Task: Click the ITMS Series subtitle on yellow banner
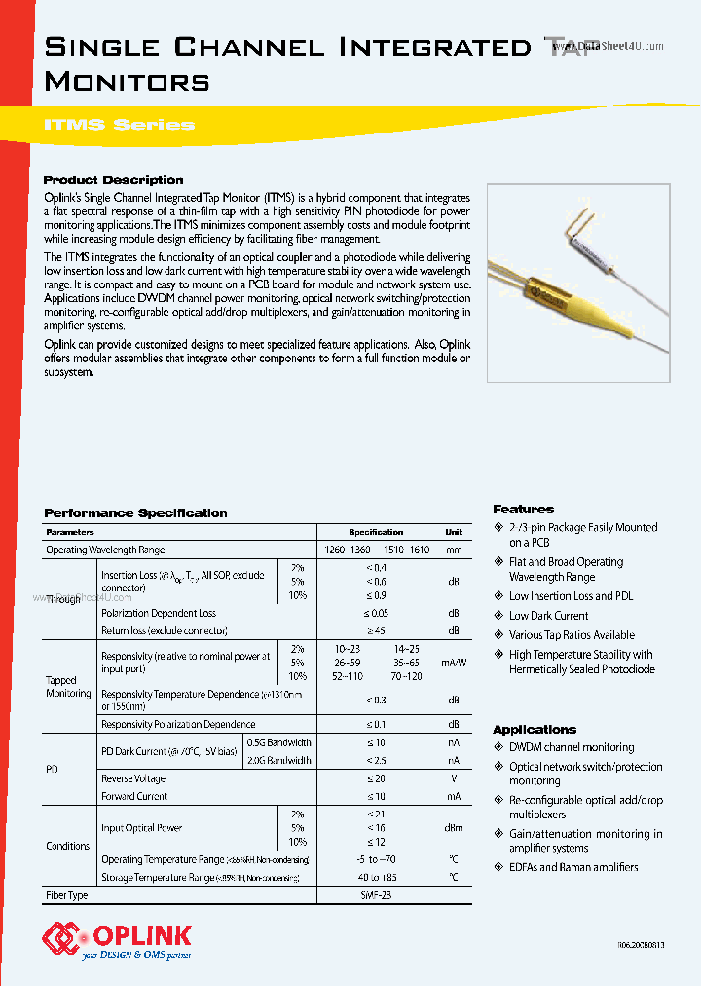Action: (120, 125)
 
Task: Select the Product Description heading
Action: (113, 180)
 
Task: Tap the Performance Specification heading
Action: (135, 513)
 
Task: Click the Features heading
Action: (523, 510)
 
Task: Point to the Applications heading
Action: (535, 730)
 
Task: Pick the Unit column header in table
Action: (454, 532)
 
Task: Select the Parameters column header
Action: (70, 532)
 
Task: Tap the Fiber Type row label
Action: (67, 894)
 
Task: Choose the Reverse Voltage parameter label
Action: (133, 778)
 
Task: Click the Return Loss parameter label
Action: (149, 630)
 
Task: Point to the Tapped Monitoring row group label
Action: (68, 687)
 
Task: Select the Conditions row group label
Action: (68, 846)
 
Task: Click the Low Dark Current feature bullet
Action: (548, 616)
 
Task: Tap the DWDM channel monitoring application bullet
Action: (571, 747)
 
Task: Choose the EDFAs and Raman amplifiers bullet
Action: (573, 867)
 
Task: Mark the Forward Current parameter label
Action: (134, 796)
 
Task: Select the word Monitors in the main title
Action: (127, 81)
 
